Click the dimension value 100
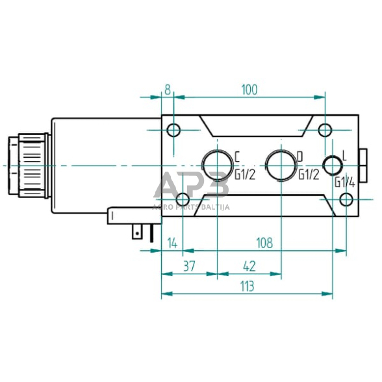(x=249, y=89)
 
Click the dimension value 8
(x=168, y=89)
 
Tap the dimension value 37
(x=188, y=266)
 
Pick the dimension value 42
(x=249, y=266)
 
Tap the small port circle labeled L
(x=332, y=166)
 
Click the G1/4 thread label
(x=344, y=183)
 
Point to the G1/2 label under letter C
(x=244, y=173)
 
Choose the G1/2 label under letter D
(x=308, y=173)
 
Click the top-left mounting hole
(x=173, y=131)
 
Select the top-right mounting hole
(x=324, y=131)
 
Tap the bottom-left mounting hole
(x=183, y=199)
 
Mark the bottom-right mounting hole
(x=347, y=199)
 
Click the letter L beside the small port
(x=344, y=155)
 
